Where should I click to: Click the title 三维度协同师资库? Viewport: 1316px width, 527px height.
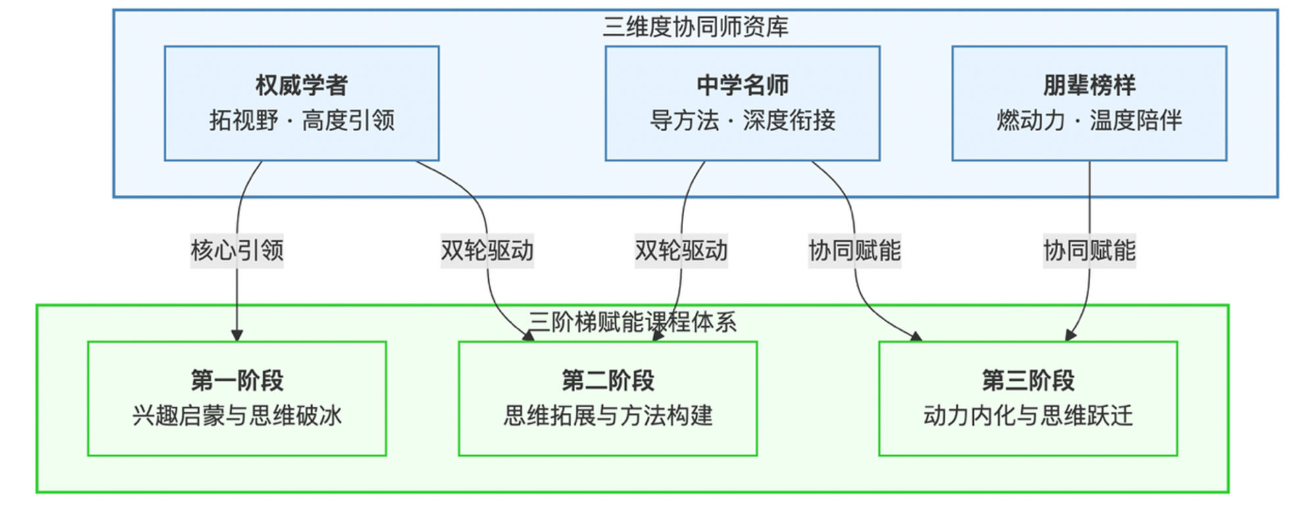click(x=696, y=27)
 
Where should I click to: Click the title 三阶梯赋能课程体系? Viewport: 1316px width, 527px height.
click(x=632, y=322)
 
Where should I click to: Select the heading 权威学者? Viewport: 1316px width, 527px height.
click(x=301, y=85)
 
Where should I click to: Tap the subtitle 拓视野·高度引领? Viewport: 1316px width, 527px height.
click(x=301, y=121)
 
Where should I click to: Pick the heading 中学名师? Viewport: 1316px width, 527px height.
click(x=742, y=85)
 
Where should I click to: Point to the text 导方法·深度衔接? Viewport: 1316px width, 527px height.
click(x=742, y=121)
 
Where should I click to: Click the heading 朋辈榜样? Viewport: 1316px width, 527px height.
click(x=1089, y=85)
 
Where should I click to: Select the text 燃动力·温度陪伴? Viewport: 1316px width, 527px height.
click(x=1089, y=121)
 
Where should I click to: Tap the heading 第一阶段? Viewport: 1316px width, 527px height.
click(x=237, y=380)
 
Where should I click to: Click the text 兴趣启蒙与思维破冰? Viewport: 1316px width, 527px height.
click(x=237, y=416)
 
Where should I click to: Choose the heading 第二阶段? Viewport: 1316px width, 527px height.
click(x=607, y=380)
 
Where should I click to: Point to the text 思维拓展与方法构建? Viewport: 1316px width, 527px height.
click(x=607, y=416)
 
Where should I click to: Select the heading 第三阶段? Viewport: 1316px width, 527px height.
click(x=1028, y=380)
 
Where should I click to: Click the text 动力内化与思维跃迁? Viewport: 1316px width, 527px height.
click(x=1028, y=416)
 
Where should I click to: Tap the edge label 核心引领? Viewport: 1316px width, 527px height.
click(x=237, y=250)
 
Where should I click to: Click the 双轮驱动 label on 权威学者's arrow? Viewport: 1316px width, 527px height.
click(x=487, y=250)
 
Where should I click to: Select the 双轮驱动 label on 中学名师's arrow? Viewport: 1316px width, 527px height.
click(x=681, y=250)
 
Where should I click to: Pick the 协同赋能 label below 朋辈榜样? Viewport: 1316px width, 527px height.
click(x=1089, y=250)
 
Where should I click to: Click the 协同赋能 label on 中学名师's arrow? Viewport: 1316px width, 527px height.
click(x=854, y=250)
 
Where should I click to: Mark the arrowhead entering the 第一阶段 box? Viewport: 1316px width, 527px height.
click(x=237, y=335)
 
